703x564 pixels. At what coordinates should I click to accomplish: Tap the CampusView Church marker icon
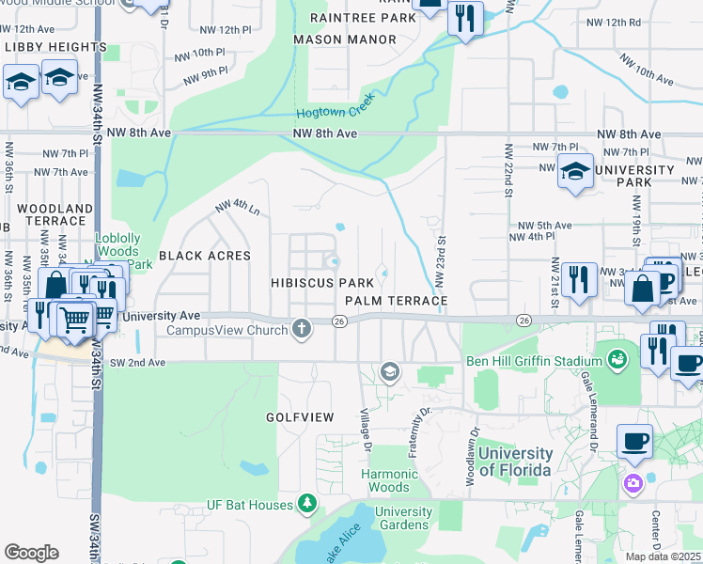click(301, 329)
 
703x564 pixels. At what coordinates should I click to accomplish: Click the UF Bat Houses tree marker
click(306, 506)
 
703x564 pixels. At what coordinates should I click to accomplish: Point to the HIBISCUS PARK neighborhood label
click(316, 283)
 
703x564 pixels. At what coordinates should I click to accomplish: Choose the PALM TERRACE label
click(395, 301)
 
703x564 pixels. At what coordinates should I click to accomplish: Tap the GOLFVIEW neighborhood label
click(295, 415)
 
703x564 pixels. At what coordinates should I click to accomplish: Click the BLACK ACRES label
click(205, 256)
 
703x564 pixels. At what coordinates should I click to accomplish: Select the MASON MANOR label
click(345, 39)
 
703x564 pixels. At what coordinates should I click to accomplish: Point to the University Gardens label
click(404, 518)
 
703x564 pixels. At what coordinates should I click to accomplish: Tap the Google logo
click(31, 553)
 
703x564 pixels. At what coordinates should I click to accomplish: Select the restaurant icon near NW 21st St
click(580, 279)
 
